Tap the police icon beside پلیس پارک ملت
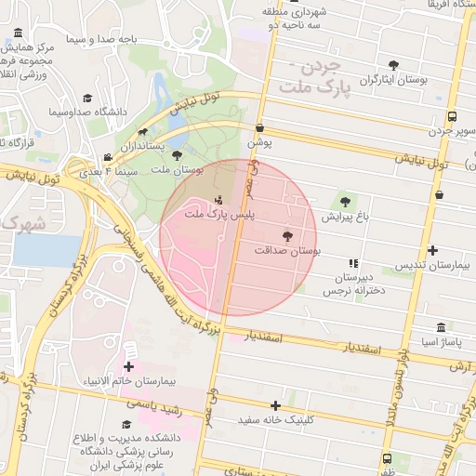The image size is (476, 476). point(219,199)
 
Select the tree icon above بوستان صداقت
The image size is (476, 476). point(286,236)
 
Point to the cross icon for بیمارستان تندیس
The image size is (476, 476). point(433,250)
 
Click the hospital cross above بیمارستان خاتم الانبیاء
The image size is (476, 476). point(128,366)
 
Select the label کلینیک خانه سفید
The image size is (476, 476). point(282,420)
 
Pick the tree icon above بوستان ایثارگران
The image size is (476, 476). point(394,65)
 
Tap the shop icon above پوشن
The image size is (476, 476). point(259,128)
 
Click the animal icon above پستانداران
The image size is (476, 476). point(142,133)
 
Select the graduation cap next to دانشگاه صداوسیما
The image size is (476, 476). point(87,98)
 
